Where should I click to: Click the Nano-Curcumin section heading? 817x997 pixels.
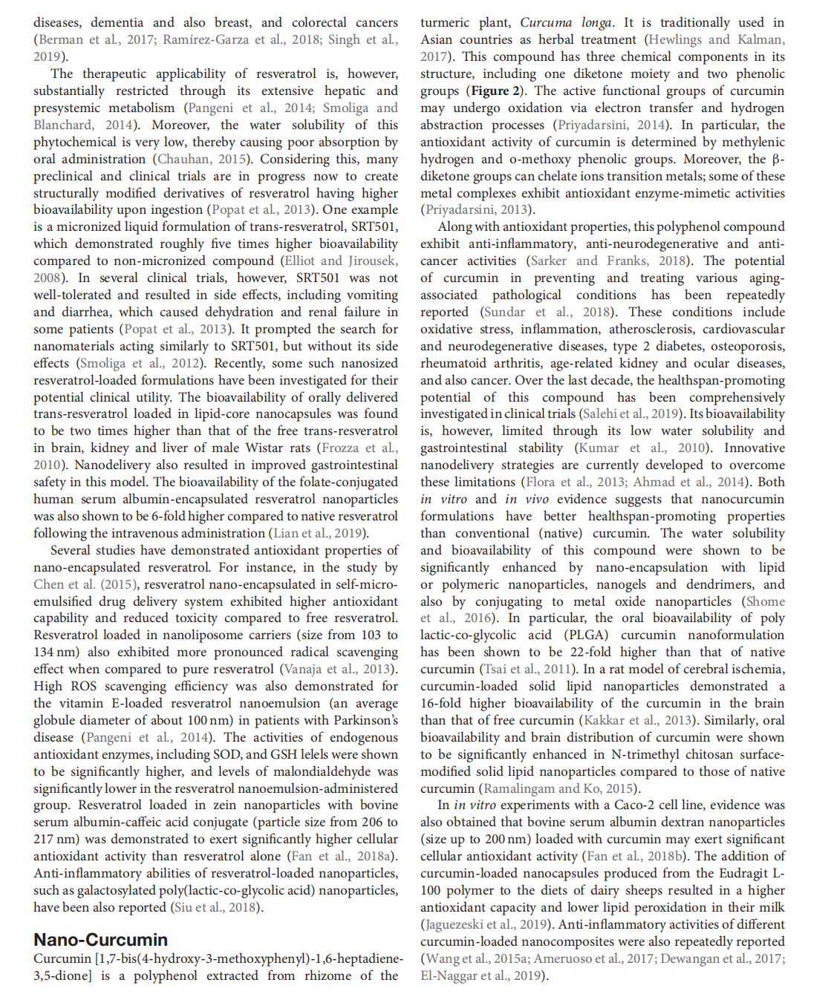(100, 939)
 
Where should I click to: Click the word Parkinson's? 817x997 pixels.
(359, 720)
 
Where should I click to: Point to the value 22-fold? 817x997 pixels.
(594, 652)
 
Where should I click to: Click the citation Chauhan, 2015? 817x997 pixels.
(202, 159)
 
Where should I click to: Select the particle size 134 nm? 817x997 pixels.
(55, 652)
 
